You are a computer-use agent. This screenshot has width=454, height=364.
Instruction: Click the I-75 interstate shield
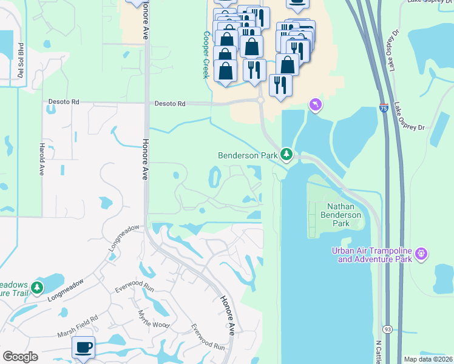pos(384,107)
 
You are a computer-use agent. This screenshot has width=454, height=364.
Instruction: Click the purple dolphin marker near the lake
pos(315,106)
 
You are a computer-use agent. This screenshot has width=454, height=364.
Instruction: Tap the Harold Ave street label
pos(42,160)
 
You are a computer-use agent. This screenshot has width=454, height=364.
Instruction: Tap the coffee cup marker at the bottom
pos(83,348)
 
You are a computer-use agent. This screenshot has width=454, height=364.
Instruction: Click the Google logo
pos(20,357)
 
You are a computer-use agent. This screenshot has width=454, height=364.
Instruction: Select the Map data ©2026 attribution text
pos(428,359)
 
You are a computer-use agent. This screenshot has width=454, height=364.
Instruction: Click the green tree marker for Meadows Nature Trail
pos(38,287)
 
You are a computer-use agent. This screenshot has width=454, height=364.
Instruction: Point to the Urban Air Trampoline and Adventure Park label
pos(371,255)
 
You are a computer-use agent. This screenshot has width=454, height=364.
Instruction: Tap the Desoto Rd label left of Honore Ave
pos(63,103)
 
